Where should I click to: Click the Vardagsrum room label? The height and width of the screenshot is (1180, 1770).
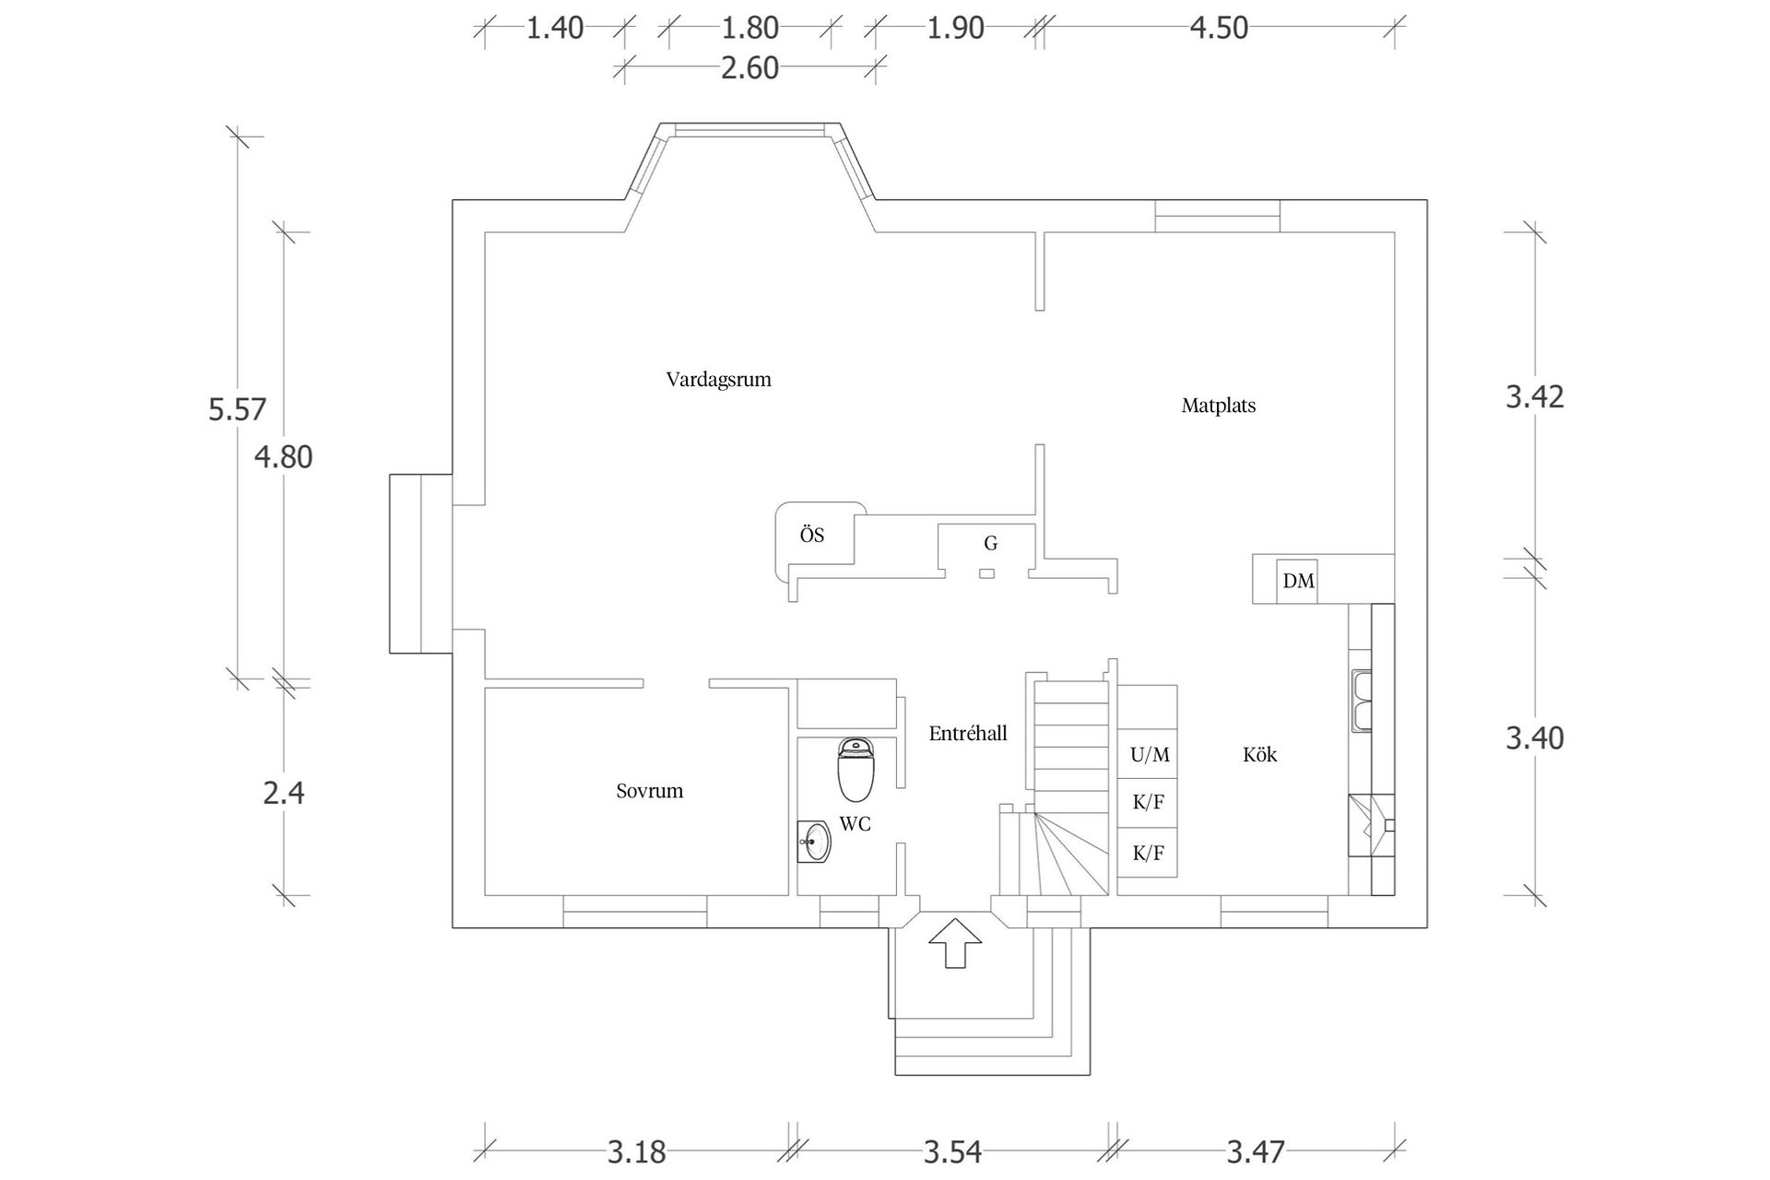pos(718,380)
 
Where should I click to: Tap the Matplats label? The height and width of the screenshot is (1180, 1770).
pos(1218,406)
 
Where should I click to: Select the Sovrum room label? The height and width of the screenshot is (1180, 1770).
pos(649,791)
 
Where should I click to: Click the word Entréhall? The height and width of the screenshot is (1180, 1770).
pos(967,734)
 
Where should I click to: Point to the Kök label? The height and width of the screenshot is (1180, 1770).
pos(1259,755)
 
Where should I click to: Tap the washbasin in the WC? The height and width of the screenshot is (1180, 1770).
pos(815,842)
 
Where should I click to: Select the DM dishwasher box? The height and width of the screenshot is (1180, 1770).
pos(1298,581)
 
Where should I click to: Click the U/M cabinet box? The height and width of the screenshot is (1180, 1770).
pos(1149,755)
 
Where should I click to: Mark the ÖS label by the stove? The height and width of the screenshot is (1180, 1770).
pos(811,536)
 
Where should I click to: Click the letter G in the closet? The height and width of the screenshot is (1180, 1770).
pos(990,544)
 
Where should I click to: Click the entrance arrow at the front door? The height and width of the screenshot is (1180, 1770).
pos(955,942)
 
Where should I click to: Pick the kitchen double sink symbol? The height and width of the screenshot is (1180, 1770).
pos(1361,702)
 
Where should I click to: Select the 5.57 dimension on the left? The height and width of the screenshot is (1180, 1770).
pos(237,409)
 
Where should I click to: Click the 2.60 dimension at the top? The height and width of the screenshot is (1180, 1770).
pos(749,68)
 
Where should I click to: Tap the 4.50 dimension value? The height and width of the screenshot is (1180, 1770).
pos(1218,29)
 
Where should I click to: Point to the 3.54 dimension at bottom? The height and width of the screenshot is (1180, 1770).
pos(952,1152)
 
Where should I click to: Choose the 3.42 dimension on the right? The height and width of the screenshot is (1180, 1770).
pos(1534,397)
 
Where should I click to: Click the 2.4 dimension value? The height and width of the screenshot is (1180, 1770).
pos(283,793)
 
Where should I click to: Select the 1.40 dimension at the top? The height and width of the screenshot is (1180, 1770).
pos(555,29)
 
